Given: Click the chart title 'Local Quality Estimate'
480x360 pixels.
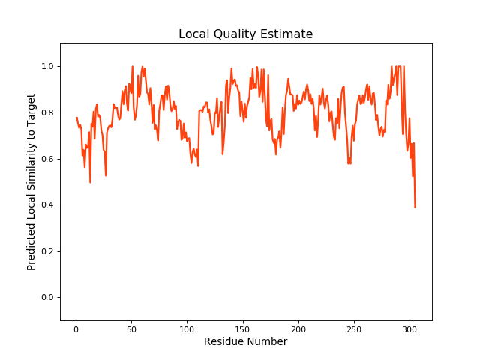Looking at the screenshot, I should (245, 34).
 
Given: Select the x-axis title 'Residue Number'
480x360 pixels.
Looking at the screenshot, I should (245, 342).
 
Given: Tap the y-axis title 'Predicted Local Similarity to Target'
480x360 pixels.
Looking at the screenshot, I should (31, 181).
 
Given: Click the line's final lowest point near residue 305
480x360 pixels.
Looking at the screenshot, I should (415, 207).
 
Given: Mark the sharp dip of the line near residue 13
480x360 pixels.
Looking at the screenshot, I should (90, 182).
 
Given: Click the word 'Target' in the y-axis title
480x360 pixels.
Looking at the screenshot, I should (31, 109).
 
